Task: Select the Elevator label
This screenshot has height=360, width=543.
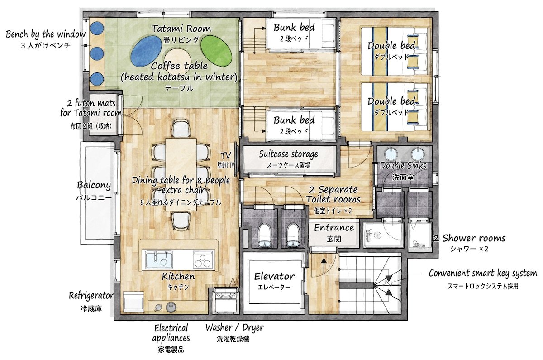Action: point(274,276)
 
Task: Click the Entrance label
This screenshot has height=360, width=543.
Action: point(334,228)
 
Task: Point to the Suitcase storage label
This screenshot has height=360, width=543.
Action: point(288,154)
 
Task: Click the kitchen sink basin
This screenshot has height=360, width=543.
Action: point(159,259)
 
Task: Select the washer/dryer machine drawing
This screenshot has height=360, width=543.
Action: point(225,301)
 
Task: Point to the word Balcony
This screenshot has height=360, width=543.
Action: point(94,185)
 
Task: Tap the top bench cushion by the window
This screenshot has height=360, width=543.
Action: point(97,28)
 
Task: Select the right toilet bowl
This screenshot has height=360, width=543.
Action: point(293,236)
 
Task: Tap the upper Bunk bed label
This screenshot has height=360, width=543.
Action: point(294,28)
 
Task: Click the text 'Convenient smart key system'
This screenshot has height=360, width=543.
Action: point(482,273)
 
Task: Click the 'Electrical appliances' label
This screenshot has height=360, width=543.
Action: point(171,333)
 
